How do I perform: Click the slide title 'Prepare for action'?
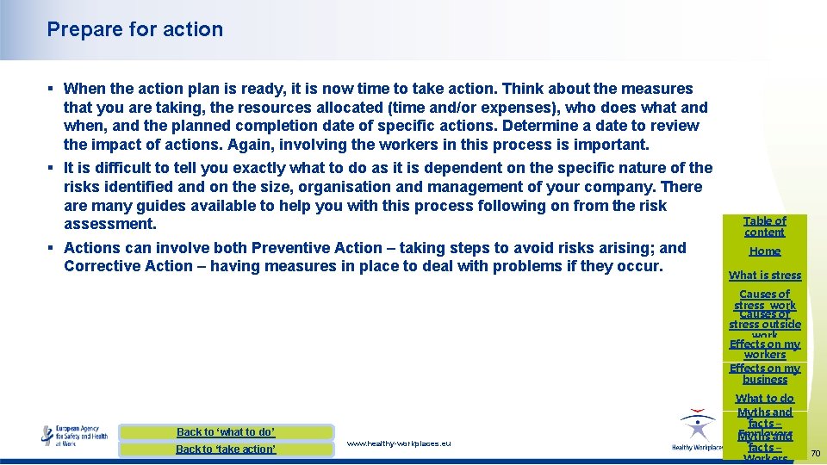point(135,29)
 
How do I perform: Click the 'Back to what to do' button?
point(226,432)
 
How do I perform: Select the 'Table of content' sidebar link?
point(765,226)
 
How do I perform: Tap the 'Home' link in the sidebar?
point(765,251)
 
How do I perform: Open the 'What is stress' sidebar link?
point(765,276)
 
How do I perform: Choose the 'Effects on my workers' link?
point(765,349)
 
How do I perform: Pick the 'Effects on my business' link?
point(765,374)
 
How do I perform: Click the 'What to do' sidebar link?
point(765,399)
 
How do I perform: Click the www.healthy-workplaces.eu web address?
point(399,443)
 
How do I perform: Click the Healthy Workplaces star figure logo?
point(696,427)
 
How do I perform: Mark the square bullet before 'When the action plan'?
point(52,89)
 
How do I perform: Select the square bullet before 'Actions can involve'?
point(52,248)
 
